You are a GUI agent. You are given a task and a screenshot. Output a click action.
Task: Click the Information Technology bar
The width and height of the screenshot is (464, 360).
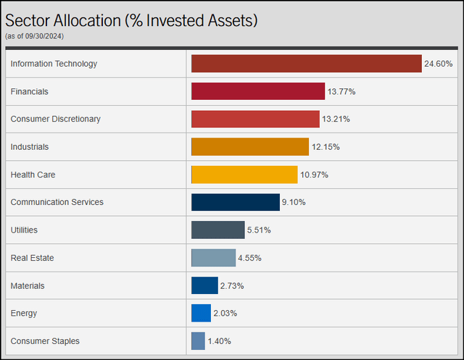[306, 64]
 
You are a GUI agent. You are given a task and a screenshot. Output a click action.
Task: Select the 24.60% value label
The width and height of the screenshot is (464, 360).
[439, 64]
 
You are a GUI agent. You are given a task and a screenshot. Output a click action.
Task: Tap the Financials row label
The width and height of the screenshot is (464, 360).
[30, 91]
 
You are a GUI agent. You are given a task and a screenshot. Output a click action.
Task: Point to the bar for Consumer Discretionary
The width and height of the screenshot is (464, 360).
[255, 119]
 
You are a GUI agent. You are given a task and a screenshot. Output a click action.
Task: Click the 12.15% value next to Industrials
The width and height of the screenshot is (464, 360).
[326, 147]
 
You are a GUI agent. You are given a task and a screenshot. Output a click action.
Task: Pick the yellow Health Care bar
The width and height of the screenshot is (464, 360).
[244, 175]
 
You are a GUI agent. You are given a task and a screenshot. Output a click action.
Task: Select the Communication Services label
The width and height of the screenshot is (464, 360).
[57, 202]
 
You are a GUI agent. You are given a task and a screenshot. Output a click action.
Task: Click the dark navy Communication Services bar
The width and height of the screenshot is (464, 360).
[235, 202]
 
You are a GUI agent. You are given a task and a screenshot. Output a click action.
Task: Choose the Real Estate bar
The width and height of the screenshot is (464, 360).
[213, 258]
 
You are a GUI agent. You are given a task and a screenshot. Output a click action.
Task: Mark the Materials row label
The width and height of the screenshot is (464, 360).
[28, 285]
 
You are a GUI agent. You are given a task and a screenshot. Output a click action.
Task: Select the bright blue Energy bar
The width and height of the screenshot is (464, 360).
[201, 313]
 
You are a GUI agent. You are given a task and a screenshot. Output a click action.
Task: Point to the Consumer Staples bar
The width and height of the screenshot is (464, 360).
[198, 341]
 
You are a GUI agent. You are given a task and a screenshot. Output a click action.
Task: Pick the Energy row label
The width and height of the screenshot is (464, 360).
[24, 313]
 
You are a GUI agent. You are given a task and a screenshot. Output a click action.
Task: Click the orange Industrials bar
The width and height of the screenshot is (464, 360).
[250, 147]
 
